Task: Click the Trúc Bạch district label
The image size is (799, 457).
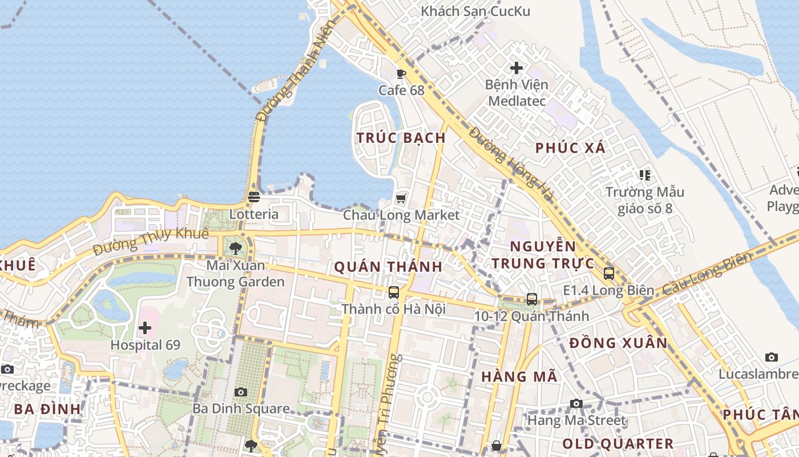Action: click(x=401, y=138)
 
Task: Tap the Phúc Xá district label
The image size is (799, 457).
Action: click(x=570, y=148)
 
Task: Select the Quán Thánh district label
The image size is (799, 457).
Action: click(x=388, y=267)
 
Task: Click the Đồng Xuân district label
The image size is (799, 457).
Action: click(x=618, y=343)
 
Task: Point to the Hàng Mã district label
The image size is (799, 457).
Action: click(x=519, y=377)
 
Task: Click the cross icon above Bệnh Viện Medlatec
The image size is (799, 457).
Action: click(x=516, y=68)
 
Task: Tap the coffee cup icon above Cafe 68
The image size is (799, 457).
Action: click(x=401, y=74)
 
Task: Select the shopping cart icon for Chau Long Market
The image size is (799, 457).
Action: click(x=401, y=198)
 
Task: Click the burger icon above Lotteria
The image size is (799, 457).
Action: click(x=254, y=197)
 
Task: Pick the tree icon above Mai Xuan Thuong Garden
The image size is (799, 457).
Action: click(x=235, y=248)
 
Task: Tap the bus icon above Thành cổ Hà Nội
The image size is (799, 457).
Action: click(x=393, y=292)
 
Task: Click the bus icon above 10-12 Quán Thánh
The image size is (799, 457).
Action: click(x=531, y=299)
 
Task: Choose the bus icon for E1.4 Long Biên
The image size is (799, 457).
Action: click(x=609, y=274)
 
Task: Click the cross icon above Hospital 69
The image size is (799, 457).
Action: click(x=145, y=328)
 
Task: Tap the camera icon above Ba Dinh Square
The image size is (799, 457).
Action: click(x=241, y=392)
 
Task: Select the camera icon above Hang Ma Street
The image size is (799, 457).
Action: click(x=576, y=404)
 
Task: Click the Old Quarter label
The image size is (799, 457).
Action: click(x=618, y=444)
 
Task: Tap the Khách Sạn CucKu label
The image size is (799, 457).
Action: click(x=475, y=11)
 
